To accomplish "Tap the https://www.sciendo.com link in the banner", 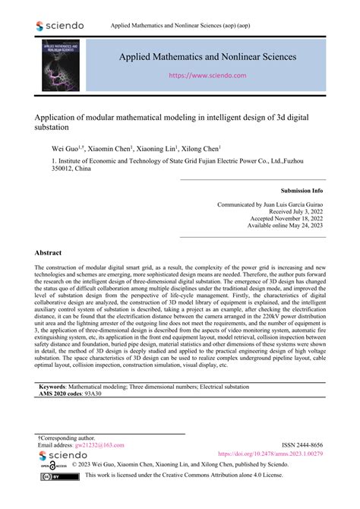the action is (207, 76).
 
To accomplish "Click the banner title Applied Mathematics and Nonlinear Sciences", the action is (207, 57).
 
